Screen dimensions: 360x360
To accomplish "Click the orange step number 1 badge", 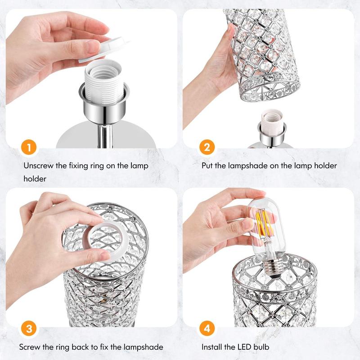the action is pos(29,147).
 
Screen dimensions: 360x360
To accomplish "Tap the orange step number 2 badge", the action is pos(207,147).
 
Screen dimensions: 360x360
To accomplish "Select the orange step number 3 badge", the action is pos(29,328).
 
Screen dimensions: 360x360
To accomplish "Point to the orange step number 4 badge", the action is pos(207,328).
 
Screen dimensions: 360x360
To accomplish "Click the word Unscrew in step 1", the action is pos(38,166).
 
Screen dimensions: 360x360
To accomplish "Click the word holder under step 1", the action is pos(35,179).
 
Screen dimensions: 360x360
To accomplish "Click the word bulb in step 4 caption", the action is pos(261,347).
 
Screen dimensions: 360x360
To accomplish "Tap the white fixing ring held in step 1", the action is pos(103,50).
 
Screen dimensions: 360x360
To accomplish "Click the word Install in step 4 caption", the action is pos(211,347).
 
